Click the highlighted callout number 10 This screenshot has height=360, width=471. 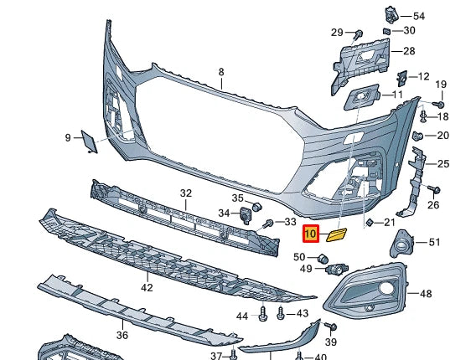[310, 235]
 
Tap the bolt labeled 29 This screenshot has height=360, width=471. [357, 34]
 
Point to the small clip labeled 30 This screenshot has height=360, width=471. [386, 31]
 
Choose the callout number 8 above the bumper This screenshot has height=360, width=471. [221, 73]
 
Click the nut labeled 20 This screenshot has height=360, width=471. [419, 136]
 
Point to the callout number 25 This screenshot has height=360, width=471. [443, 163]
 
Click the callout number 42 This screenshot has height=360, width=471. [147, 288]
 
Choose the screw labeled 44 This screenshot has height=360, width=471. [262, 315]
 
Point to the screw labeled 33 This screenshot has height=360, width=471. [269, 223]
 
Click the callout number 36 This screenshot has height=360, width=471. [122, 335]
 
